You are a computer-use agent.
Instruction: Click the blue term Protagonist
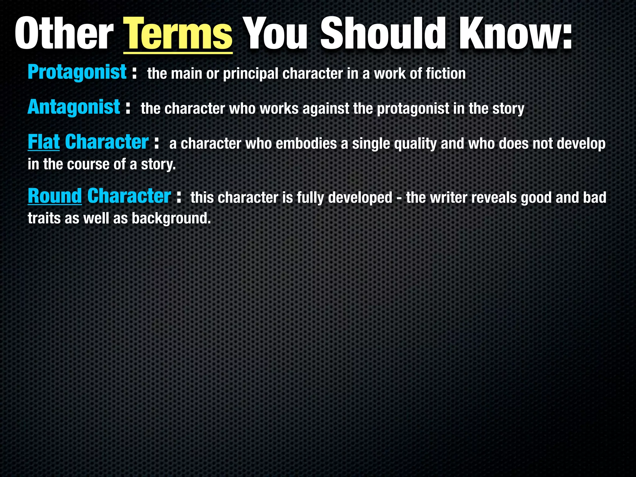pyautogui.click(x=77, y=73)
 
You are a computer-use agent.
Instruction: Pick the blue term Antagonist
pyautogui.click(x=74, y=107)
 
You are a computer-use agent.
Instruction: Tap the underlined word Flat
pyautogui.click(x=43, y=142)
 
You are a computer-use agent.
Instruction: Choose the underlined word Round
pyautogui.click(x=55, y=196)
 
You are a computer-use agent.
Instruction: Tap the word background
pyautogui.click(x=171, y=219)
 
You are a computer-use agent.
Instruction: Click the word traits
pyautogui.click(x=44, y=219)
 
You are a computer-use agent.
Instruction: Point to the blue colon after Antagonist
pyautogui.click(x=128, y=109)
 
